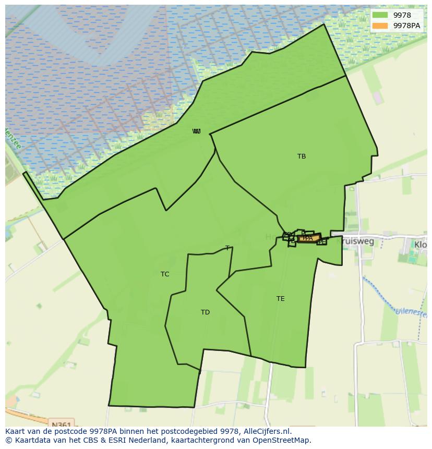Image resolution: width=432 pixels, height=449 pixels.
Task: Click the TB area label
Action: tap(302, 156)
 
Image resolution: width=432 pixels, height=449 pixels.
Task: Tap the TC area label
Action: tap(165, 274)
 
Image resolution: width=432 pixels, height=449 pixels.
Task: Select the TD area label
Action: tap(205, 312)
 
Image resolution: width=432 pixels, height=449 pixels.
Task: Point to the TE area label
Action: tap(281, 299)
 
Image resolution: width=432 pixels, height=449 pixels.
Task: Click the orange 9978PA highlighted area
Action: tap(308, 238)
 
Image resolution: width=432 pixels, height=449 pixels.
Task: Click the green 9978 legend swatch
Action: tap(380, 15)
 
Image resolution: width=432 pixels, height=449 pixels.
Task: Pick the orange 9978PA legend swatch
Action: tap(380, 26)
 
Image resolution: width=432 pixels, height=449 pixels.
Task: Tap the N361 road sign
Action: tap(62, 424)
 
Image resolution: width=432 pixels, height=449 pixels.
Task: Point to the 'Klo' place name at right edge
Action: tap(421, 244)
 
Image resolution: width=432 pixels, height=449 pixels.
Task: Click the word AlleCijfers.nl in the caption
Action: tap(267, 432)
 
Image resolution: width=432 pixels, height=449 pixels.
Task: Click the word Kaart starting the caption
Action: tap(16, 432)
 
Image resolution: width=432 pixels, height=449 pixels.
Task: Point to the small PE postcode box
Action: tap(322, 241)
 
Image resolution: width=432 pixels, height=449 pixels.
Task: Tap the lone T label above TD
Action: tap(227, 248)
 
